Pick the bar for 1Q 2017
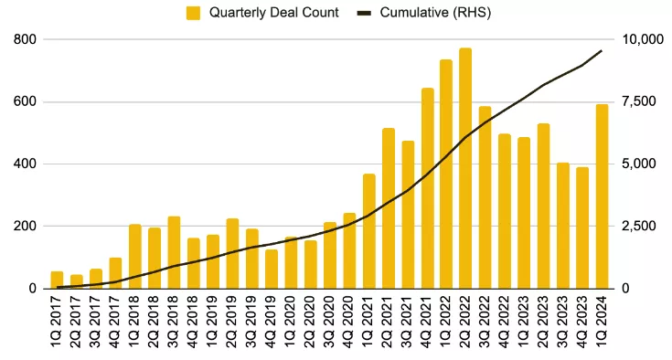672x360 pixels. [57, 280]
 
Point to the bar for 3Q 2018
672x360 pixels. [174, 252]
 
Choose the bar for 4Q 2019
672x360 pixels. [272, 269]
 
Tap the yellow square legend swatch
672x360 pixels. [193, 13]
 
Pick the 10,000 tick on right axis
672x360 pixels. [641, 39]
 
